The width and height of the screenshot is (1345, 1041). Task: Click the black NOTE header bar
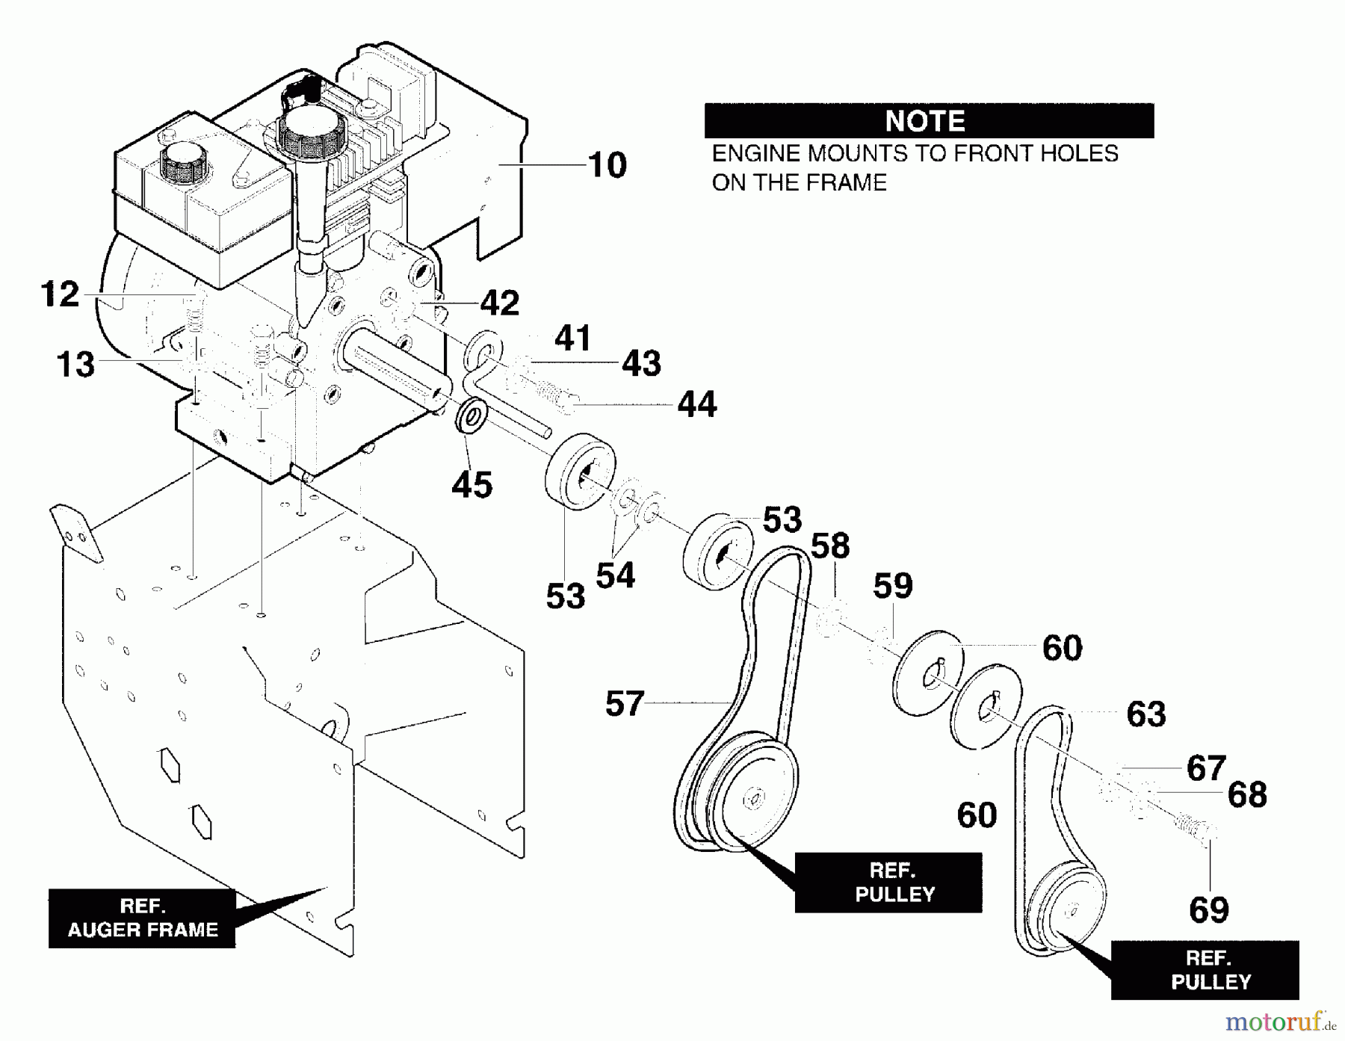(x=929, y=120)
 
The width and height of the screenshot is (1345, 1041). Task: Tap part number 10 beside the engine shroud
(x=607, y=165)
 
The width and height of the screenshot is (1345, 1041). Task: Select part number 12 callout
(x=61, y=294)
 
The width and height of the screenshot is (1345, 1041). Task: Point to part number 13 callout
(x=76, y=365)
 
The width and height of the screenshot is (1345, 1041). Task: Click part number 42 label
(x=499, y=303)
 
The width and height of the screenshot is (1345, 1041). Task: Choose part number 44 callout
(x=697, y=404)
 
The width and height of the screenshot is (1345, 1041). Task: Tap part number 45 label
(x=472, y=485)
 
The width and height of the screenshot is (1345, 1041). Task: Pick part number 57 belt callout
(x=625, y=703)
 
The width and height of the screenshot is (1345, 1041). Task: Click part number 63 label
(x=1146, y=714)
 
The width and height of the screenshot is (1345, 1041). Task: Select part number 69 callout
(x=1209, y=910)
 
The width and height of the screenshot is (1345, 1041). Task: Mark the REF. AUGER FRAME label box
(x=142, y=918)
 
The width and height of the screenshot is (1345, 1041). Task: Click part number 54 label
(x=615, y=575)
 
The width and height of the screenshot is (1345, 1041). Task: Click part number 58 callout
(x=830, y=546)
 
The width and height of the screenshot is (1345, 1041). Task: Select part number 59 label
(x=893, y=586)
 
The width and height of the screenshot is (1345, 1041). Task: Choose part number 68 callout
(x=1247, y=795)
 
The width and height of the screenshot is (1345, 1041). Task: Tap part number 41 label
(x=573, y=339)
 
